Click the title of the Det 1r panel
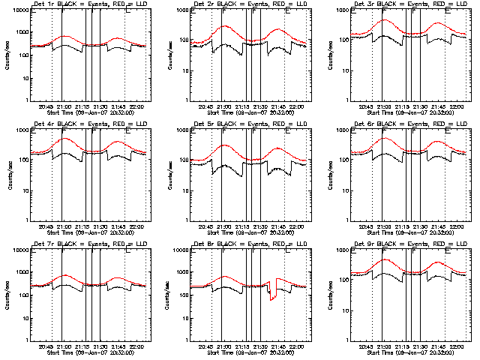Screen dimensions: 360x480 (x=88, y=5)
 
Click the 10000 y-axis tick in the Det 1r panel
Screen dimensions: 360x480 (x=18, y=11)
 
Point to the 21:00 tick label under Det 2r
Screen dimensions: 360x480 (x=223, y=106)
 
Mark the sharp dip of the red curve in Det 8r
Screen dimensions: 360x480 (x=272, y=298)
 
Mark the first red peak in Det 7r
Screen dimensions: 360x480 (x=64, y=275)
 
